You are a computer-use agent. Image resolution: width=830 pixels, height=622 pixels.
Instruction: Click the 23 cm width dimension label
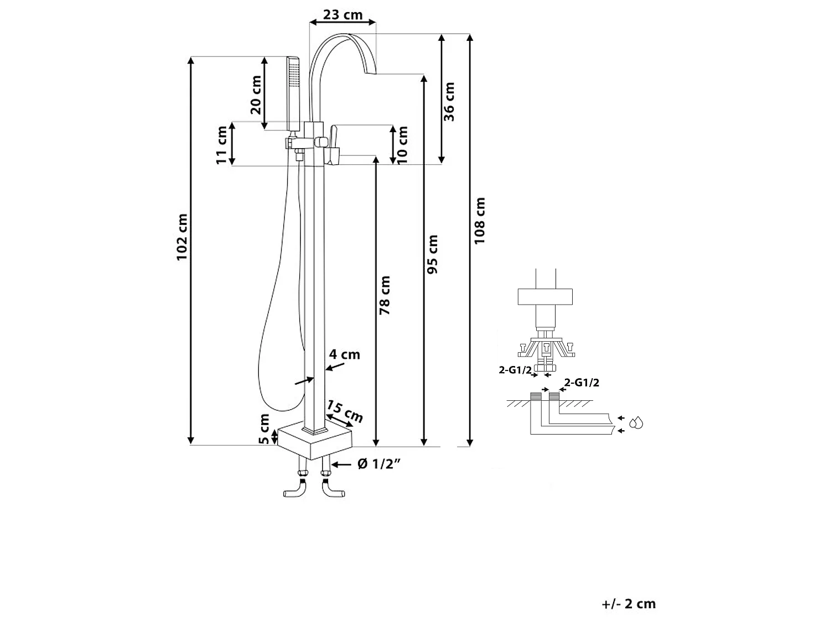pyautogui.click(x=343, y=15)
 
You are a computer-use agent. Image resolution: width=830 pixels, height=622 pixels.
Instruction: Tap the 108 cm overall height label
pyautogui.click(x=479, y=221)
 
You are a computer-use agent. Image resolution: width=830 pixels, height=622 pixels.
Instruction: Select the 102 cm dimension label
pyautogui.click(x=182, y=237)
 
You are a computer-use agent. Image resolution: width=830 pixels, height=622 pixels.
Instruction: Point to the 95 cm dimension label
pyautogui.click(x=432, y=254)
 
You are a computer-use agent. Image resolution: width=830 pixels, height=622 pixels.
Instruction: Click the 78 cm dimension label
pyautogui.click(x=385, y=295)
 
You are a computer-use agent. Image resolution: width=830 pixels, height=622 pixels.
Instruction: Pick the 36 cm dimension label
pyautogui.click(x=449, y=102)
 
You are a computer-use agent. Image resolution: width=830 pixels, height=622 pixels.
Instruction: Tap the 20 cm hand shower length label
pyautogui.click(x=256, y=95)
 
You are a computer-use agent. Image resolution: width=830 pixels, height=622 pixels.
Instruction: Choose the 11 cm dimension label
pyautogui.click(x=221, y=145)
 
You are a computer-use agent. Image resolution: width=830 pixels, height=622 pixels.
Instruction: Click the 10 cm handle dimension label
pyautogui.click(x=402, y=145)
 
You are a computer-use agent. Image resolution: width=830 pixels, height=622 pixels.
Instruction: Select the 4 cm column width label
pyautogui.click(x=345, y=354)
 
